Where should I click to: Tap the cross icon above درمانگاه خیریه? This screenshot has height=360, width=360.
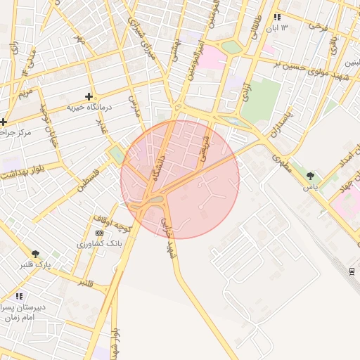click(x=89, y=96)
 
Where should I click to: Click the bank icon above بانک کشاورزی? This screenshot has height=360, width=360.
click(x=99, y=233)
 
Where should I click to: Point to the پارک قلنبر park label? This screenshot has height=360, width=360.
click(x=35, y=265)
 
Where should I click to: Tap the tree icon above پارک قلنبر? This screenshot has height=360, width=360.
click(x=36, y=254)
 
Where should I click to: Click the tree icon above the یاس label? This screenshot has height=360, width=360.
click(x=310, y=176)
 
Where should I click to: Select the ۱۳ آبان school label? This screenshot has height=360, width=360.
click(x=275, y=28)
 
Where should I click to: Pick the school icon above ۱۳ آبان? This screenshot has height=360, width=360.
click(x=277, y=17)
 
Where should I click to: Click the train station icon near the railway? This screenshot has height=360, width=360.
click(x=352, y=271)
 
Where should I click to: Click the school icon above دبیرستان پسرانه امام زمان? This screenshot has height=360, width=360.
click(x=19, y=297)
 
